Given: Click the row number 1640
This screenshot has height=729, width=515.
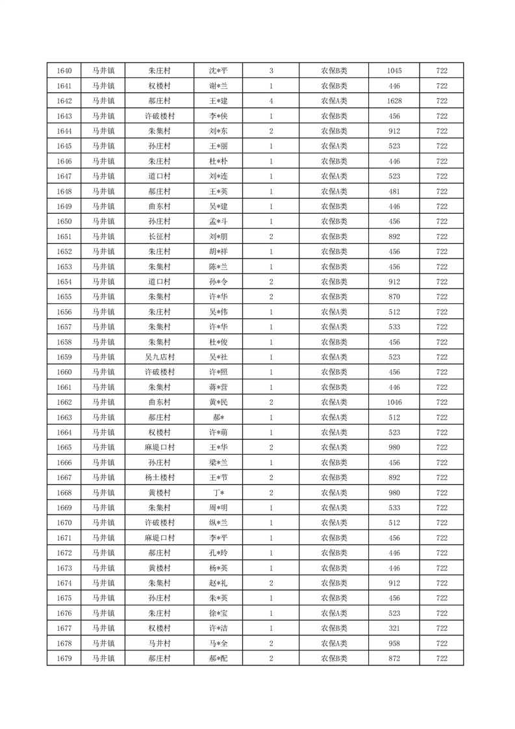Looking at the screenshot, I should pyautogui.click(x=64, y=71).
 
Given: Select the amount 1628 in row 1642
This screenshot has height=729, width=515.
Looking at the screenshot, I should pyautogui.click(x=394, y=101).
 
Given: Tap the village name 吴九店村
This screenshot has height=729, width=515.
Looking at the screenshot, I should pyautogui.click(x=159, y=357).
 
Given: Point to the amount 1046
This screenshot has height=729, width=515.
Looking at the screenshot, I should pyautogui.click(x=394, y=403).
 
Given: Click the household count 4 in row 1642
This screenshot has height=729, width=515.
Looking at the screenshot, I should pyautogui.click(x=271, y=101).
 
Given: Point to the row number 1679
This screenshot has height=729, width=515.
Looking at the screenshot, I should pyautogui.click(x=64, y=659).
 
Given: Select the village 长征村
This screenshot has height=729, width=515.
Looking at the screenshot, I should pyautogui.click(x=159, y=237).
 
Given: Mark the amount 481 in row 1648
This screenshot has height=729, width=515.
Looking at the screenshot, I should pyautogui.click(x=394, y=192).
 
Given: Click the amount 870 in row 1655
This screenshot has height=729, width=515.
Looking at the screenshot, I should pyautogui.click(x=394, y=297).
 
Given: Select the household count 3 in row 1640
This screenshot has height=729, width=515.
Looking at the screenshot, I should pyautogui.click(x=271, y=71).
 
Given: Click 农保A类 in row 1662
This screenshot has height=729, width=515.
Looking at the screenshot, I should pyautogui.click(x=334, y=403).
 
